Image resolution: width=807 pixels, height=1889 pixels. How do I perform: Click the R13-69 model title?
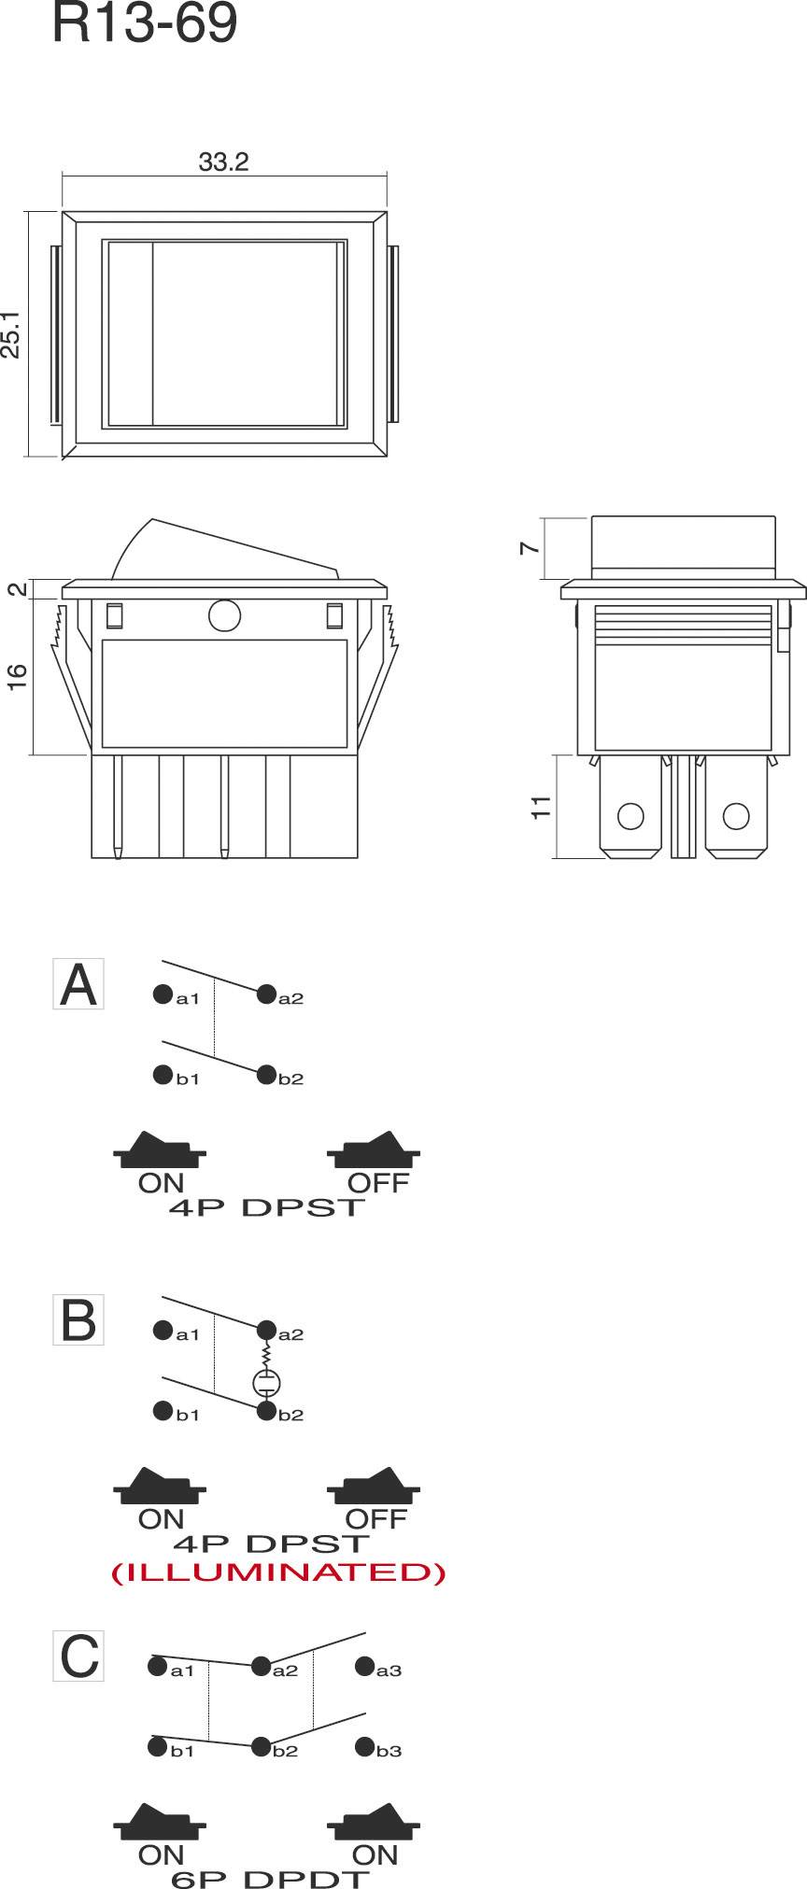coord(145,24)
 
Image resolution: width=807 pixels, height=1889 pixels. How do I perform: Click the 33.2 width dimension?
coord(223,162)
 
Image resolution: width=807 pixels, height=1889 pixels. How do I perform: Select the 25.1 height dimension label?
coord(11,333)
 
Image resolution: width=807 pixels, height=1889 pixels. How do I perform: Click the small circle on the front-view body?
coord(225,615)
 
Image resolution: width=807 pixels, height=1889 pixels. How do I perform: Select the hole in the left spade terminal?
coord(631,816)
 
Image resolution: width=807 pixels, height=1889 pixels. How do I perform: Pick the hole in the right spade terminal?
coord(736,816)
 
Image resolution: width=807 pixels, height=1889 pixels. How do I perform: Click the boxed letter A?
coord(78,984)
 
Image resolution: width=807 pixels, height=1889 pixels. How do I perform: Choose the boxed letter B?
coord(78,1320)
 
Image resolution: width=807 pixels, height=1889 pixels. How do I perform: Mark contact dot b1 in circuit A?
coord(163,1074)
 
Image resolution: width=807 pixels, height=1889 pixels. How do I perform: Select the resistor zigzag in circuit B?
coord(267,1353)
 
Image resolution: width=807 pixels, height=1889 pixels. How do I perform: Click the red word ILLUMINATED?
coord(278,1573)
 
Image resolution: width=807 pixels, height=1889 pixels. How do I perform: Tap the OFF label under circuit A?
coord(378,1183)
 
